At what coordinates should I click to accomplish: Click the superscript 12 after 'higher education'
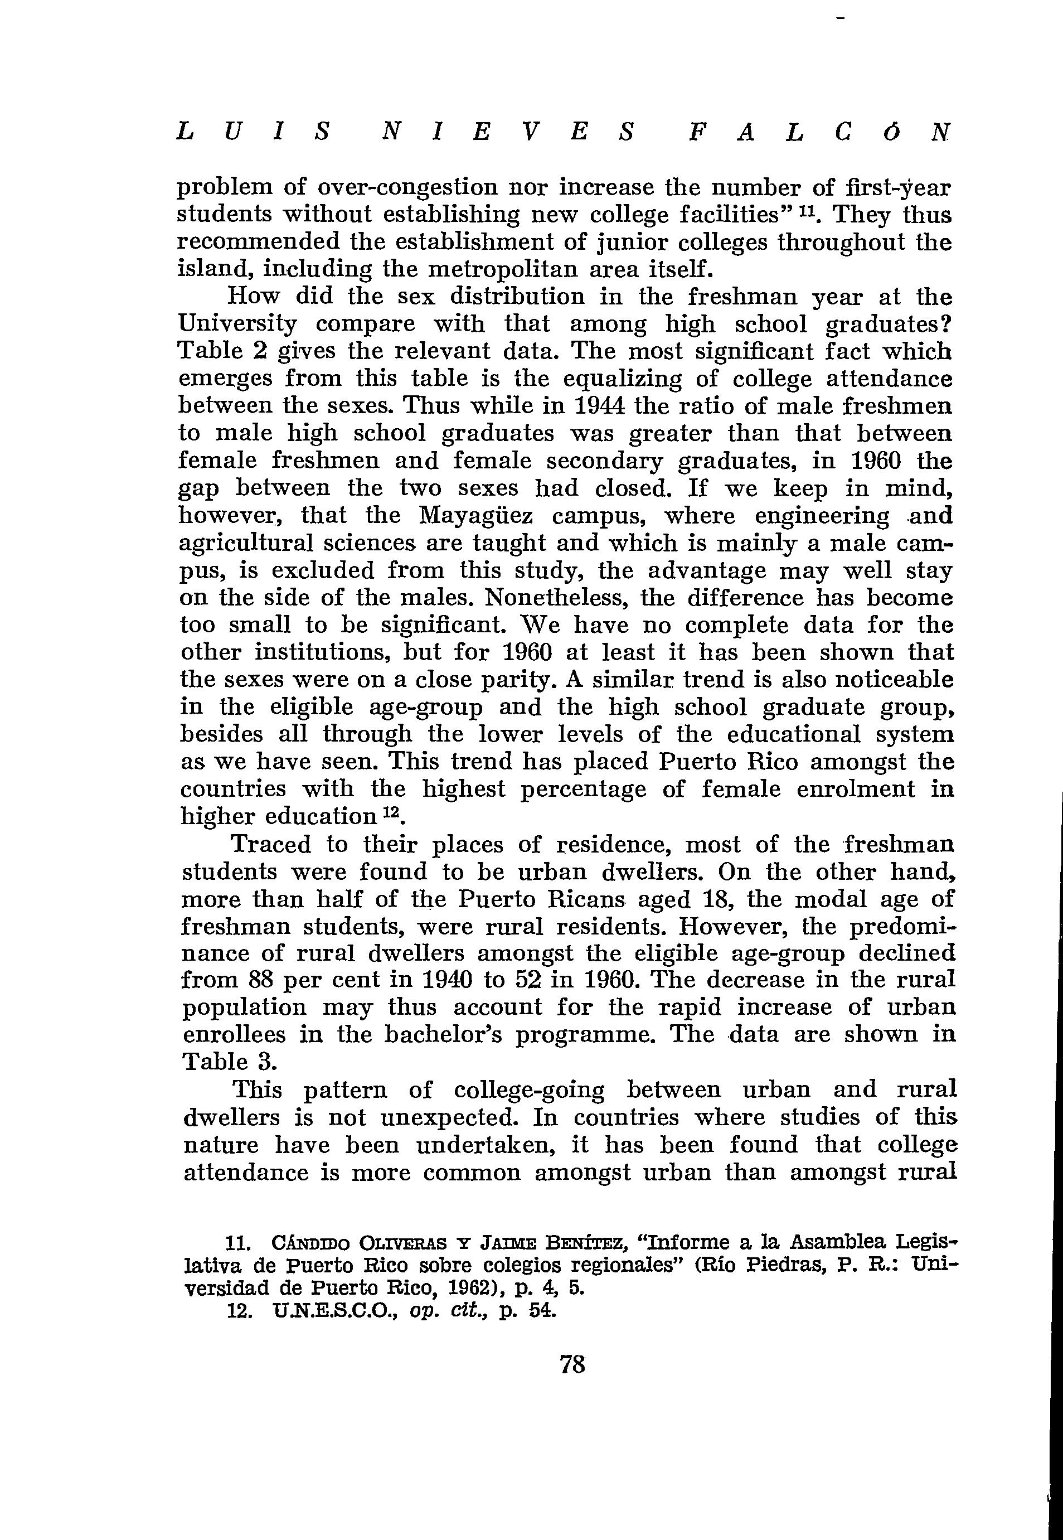point(390,812)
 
